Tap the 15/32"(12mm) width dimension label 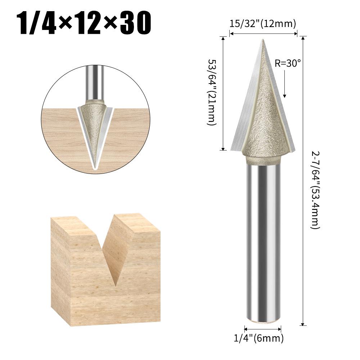coord(263,24)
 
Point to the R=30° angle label coord(287,63)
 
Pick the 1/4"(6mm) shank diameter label coord(264,338)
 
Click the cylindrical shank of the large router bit coord(263,241)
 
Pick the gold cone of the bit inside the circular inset coord(94,126)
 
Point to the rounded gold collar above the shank coord(263,158)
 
